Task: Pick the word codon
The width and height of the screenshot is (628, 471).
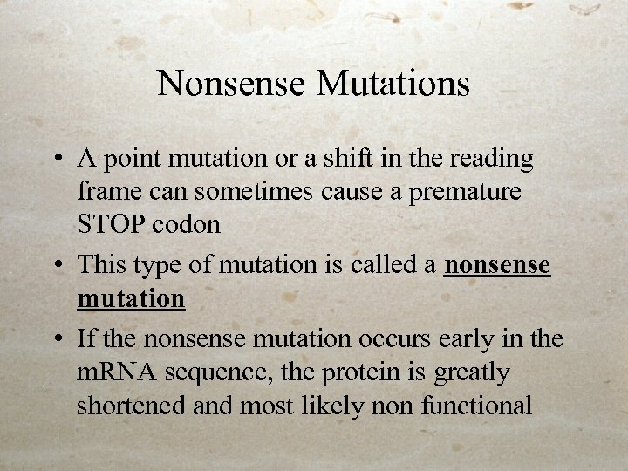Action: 186,224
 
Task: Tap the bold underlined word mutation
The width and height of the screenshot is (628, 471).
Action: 131,298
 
